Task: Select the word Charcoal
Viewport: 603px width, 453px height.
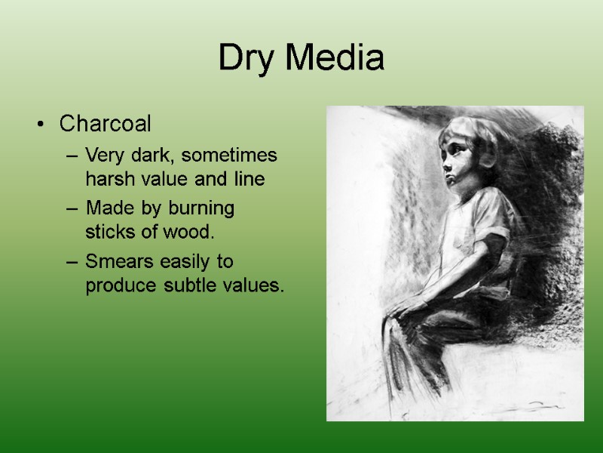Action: coord(105,122)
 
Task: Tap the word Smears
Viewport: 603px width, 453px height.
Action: coord(118,262)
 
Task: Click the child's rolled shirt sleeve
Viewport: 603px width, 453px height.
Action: coord(498,242)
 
